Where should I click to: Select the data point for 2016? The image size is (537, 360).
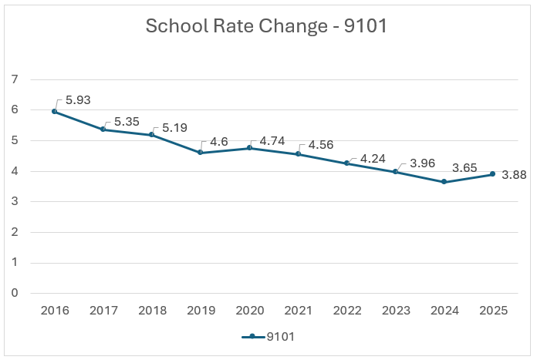coord(54,112)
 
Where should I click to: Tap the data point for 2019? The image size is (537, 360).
coord(200,153)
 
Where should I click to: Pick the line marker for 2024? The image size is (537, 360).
coord(444,181)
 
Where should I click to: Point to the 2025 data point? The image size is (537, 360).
coord(493,174)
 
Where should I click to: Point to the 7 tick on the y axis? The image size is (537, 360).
coord(15,79)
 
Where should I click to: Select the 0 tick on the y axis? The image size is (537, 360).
coord(15,293)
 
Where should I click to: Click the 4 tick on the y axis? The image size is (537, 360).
coord(15,171)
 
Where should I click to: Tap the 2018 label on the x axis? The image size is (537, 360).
coord(151,310)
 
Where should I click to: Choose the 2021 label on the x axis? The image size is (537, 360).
coord(298,310)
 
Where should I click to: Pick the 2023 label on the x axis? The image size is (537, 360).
coord(396,310)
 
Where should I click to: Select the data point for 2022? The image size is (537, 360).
coord(346,163)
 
